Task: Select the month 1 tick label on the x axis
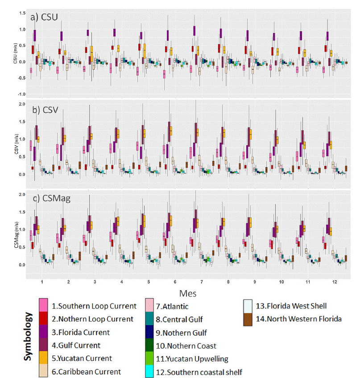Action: coord(42,283)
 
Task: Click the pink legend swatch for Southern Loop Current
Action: coord(43,306)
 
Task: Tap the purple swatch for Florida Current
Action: coord(43,332)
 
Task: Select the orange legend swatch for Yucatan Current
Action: coord(43,358)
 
